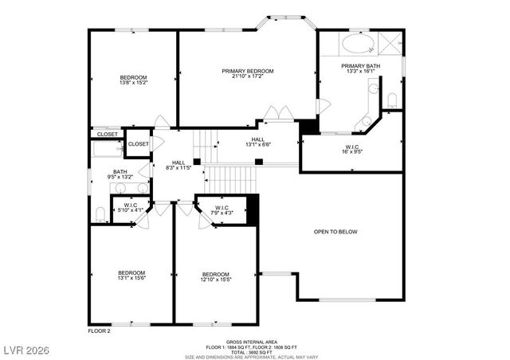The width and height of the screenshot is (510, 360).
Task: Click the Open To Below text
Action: pyautogui.click(x=335, y=232)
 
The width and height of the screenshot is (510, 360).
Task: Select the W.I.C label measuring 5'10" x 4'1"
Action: pyautogui.click(x=128, y=209)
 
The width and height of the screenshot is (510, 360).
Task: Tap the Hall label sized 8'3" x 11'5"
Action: pyautogui.click(x=178, y=166)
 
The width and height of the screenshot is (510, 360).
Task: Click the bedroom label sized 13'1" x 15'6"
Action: pyautogui.click(x=131, y=276)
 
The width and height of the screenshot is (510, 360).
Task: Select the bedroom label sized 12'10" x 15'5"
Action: pyautogui.click(x=215, y=276)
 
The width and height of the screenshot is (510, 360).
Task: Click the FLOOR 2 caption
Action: pyautogui.click(x=99, y=330)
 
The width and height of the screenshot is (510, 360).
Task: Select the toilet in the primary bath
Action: pyautogui.click(x=391, y=98)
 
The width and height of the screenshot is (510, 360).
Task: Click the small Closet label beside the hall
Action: pyautogui.click(x=138, y=144)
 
